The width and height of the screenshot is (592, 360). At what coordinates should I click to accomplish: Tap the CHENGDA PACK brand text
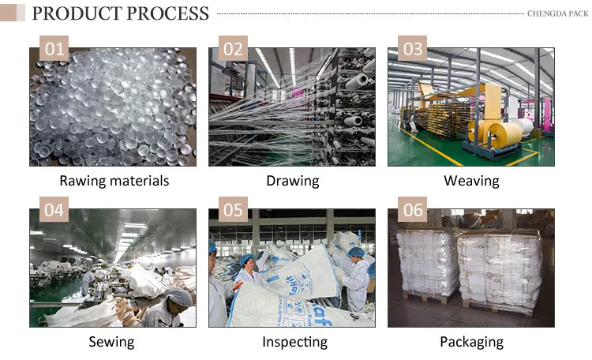coord(557,13)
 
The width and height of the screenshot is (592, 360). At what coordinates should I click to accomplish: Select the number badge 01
coord(54,49)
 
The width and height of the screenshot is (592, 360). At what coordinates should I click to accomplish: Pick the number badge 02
coord(234,49)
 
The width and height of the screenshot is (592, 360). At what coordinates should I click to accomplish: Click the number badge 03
coord(413,49)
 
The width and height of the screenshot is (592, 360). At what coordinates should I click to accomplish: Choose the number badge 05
coord(234,211)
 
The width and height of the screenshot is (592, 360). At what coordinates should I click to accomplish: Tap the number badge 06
coord(413,211)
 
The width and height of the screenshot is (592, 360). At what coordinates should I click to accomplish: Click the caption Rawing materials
coord(114,181)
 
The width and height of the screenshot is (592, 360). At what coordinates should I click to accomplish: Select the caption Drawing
coord(292,181)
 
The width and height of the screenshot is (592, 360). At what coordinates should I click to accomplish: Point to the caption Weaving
coord(471,181)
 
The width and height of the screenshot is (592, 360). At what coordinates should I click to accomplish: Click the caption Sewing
coord(112,342)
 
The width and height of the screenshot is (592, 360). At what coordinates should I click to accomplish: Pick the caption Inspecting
coord(294,342)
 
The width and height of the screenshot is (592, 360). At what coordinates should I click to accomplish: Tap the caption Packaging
coord(471,342)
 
